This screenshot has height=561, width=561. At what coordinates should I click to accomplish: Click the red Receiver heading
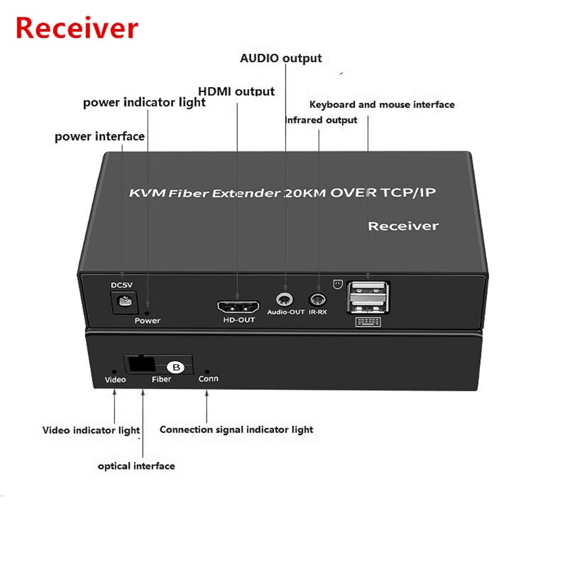[77, 28]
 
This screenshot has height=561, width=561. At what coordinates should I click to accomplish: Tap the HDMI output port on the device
[238, 307]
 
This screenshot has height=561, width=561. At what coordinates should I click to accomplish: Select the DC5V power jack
[124, 302]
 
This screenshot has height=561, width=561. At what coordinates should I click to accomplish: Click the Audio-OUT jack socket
[284, 300]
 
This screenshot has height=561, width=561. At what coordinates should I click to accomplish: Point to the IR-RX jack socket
[318, 299]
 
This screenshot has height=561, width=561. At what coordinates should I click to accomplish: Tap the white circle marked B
[176, 367]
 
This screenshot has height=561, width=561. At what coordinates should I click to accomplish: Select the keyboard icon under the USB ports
[368, 321]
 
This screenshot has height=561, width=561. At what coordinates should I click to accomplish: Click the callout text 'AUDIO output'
[281, 58]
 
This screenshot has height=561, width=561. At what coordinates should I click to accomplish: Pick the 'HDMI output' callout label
[237, 91]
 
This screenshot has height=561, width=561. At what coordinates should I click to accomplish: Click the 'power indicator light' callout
[144, 103]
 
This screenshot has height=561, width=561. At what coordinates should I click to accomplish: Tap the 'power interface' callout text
[99, 136]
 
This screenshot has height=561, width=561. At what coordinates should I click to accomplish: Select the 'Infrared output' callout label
[321, 120]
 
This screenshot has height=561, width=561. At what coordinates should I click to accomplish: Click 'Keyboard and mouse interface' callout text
[382, 104]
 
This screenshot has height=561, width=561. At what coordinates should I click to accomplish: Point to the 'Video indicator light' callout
[91, 430]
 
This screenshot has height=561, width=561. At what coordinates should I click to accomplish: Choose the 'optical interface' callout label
[136, 466]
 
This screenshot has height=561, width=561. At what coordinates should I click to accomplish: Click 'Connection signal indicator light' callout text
[236, 429]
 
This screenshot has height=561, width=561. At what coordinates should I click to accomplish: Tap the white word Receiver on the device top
[403, 226]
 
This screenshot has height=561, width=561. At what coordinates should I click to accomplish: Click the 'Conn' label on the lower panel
[208, 379]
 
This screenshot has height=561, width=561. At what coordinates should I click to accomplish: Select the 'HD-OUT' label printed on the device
[239, 320]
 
